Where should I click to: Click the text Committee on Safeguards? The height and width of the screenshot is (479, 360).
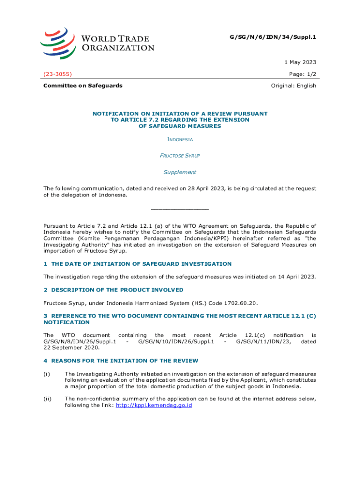click(83, 86)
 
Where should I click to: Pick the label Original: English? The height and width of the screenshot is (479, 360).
click(294, 86)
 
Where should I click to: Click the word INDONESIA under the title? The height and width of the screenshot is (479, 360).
click(180, 139)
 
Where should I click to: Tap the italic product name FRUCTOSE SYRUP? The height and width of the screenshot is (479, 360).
click(180, 155)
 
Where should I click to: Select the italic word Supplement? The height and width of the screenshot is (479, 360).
click(180, 172)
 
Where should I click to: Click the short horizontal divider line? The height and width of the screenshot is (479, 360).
click(180, 209)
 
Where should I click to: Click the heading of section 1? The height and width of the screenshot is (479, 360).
click(137, 264)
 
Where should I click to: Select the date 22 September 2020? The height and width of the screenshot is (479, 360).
click(72, 348)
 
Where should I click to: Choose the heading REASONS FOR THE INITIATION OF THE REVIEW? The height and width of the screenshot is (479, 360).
click(124, 361)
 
